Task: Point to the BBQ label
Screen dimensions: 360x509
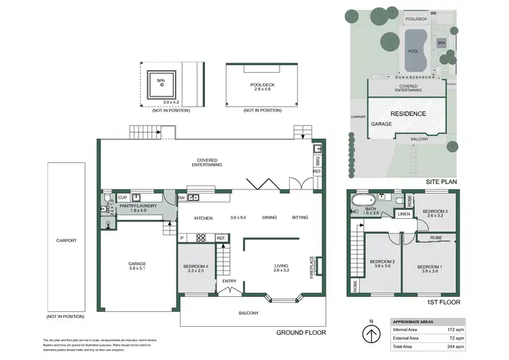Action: pos(317,161)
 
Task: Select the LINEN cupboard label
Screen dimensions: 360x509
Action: pos(403,215)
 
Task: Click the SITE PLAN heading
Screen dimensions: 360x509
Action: pos(442,181)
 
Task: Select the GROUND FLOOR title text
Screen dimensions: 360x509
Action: pos(301,333)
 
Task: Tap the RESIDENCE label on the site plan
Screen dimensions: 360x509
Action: pos(407,113)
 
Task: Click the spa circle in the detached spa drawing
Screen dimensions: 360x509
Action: pos(162,85)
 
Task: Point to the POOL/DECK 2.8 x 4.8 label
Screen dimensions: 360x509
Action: pos(261,88)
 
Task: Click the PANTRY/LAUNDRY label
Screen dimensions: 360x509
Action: pos(138,208)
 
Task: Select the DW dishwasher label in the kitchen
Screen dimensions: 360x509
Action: pos(181,198)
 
